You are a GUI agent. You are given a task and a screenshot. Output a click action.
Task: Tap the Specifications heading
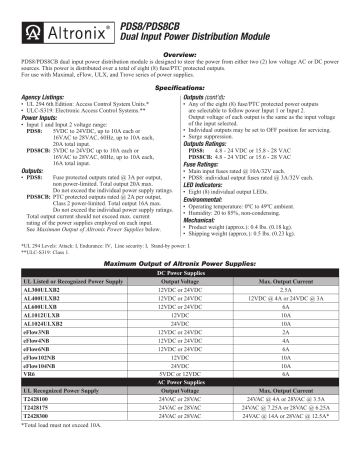(x=180, y=89)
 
